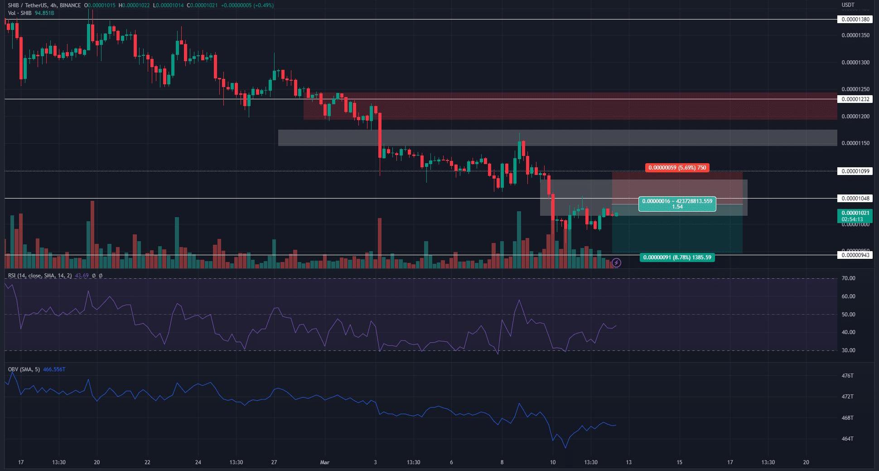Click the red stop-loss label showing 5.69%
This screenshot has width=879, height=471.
click(677, 168)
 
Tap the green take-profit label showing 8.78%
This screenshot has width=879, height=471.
click(677, 257)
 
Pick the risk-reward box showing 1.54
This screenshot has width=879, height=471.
click(677, 204)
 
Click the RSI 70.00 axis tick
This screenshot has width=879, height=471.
click(848, 278)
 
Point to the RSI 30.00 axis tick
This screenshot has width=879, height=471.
click(848, 350)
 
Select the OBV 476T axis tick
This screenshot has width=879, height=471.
click(847, 376)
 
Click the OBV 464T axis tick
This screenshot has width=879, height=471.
click(847, 439)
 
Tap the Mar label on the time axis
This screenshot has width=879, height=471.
click(324, 463)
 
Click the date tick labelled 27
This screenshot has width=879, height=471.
click(274, 463)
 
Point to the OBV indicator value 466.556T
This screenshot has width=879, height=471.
click(54, 369)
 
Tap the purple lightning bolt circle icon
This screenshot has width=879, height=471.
click(616, 262)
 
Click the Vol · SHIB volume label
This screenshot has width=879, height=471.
click(20, 13)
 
